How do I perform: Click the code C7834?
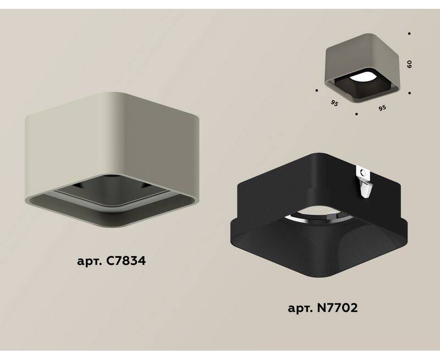click(126, 261)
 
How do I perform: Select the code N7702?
click(337, 308)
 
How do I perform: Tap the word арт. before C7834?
click(90, 262)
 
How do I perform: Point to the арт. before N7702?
click(300, 309)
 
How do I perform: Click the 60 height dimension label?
click(409, 64)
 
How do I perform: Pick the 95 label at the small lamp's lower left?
click(334, 103)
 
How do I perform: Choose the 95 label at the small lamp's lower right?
click(382, 108)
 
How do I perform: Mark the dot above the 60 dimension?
click(409, 34)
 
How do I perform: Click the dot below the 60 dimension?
click(410, 93)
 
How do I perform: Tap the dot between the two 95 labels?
click(356, 114)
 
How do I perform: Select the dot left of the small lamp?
click(317, 90)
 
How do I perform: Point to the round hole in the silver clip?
click(363, 173)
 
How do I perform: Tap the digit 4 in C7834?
click(142, 261)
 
